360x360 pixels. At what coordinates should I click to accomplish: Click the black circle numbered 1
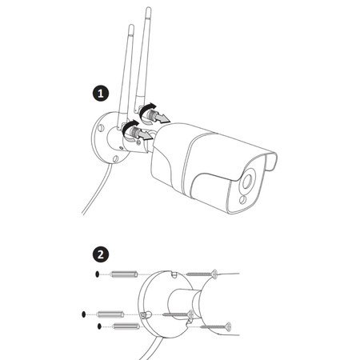[101, 94]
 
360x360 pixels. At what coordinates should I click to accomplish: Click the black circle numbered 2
[101, 254]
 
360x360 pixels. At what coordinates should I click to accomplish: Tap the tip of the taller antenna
[148, 8]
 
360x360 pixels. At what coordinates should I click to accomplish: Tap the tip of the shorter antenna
[131, 26]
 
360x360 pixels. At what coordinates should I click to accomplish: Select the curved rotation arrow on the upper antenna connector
[147, 109]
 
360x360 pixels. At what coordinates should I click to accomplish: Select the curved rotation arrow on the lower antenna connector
[129, 126]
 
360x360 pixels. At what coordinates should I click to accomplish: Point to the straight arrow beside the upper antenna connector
[162, 118]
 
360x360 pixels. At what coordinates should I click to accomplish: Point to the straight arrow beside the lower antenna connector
[146, 135]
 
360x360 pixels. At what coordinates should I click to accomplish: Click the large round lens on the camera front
[246, 182]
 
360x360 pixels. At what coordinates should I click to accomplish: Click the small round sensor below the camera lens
[242, 199]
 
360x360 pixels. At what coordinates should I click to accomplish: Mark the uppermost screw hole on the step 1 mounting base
[101, 128]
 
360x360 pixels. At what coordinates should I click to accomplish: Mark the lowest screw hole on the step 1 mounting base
[115, 159]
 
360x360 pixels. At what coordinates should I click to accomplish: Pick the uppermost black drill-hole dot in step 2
[97, 274]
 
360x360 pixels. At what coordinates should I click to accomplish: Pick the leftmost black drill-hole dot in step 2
[84, 314]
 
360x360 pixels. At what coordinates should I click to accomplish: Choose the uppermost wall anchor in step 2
[124, 274]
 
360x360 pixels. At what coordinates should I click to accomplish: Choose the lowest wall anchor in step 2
[126, 326]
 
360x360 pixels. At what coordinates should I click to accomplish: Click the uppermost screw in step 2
[202, 274]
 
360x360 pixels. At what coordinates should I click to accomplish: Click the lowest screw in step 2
[216, 326]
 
